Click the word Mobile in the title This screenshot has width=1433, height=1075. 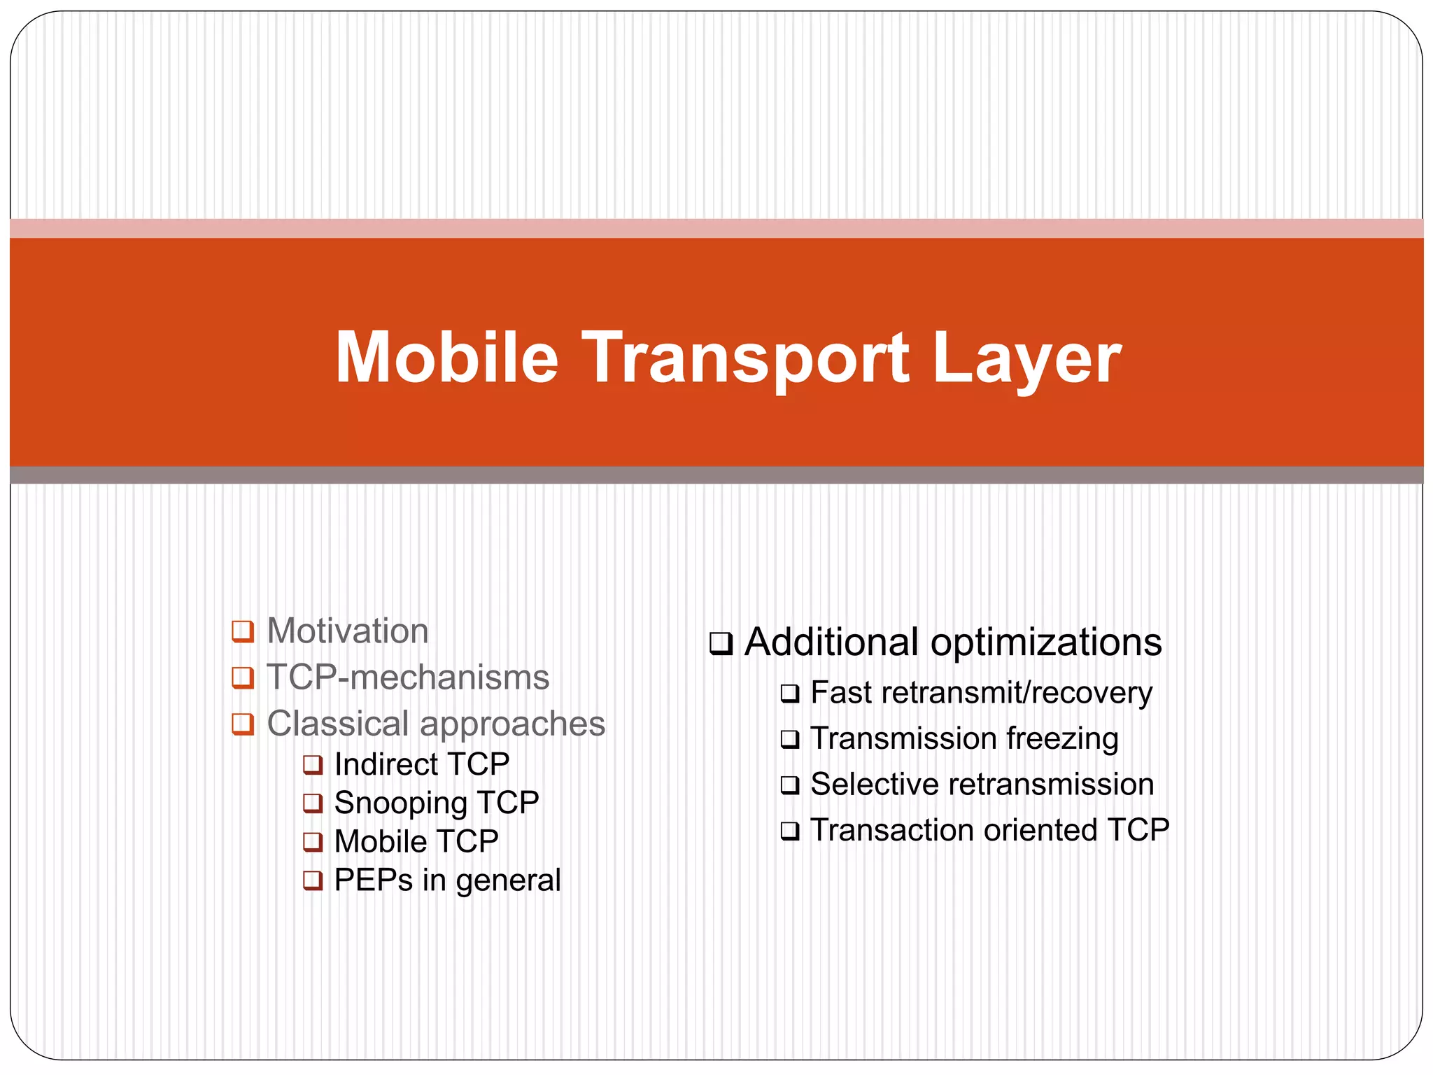click(x=446, y=358)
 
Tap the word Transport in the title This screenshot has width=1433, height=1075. click(x=745, y=359)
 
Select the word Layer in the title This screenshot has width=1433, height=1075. click(x=1026, y=359)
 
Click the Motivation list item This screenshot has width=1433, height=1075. click(x=347, y=631)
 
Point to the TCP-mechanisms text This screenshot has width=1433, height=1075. click(x=408, y=677)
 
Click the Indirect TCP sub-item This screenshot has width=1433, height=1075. click(x=421, y=764)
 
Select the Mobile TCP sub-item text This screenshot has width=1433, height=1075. click(x=416, y=841)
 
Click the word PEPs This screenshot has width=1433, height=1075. click(x=373, y=880)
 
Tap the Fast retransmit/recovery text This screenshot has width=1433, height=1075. click(x=981, y=693)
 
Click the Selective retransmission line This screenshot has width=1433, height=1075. click(x=982, y=785)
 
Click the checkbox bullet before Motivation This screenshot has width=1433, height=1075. click(x=242, y=631)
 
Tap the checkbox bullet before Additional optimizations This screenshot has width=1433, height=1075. click(x=721, y=643)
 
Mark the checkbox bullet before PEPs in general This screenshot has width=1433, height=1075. click(x=312, y=880)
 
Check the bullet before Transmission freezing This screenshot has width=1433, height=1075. click(x=789, y=739)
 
